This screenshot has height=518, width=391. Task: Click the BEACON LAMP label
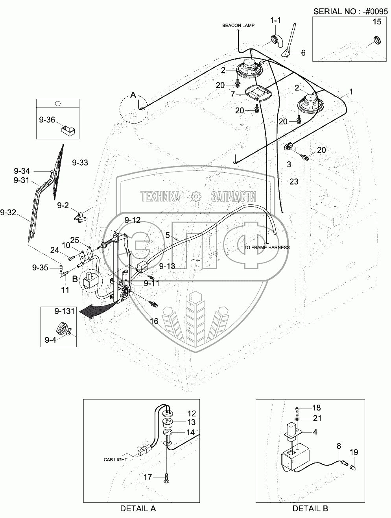pos(238,26)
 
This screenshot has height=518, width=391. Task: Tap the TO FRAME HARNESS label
pos(266,247)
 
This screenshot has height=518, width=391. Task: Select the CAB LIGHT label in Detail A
pos(115,459)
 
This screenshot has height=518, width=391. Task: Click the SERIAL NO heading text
pos(350,11)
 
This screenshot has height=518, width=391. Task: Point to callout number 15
pos(377,22)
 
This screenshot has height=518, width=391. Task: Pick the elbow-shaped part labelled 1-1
pos(276,41)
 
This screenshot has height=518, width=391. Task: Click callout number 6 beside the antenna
pos(303,53)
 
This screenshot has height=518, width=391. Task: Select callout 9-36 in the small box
pos(47,120)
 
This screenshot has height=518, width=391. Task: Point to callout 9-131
pos(65,311)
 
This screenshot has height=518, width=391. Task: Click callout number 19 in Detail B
pos(354,452)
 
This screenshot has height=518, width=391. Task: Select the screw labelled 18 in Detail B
pos(297,411)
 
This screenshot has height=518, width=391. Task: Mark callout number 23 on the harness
pos(294,181)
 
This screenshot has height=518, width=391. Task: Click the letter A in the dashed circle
pos(133,95)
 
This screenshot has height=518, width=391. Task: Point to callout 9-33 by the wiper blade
pos(80,163)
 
